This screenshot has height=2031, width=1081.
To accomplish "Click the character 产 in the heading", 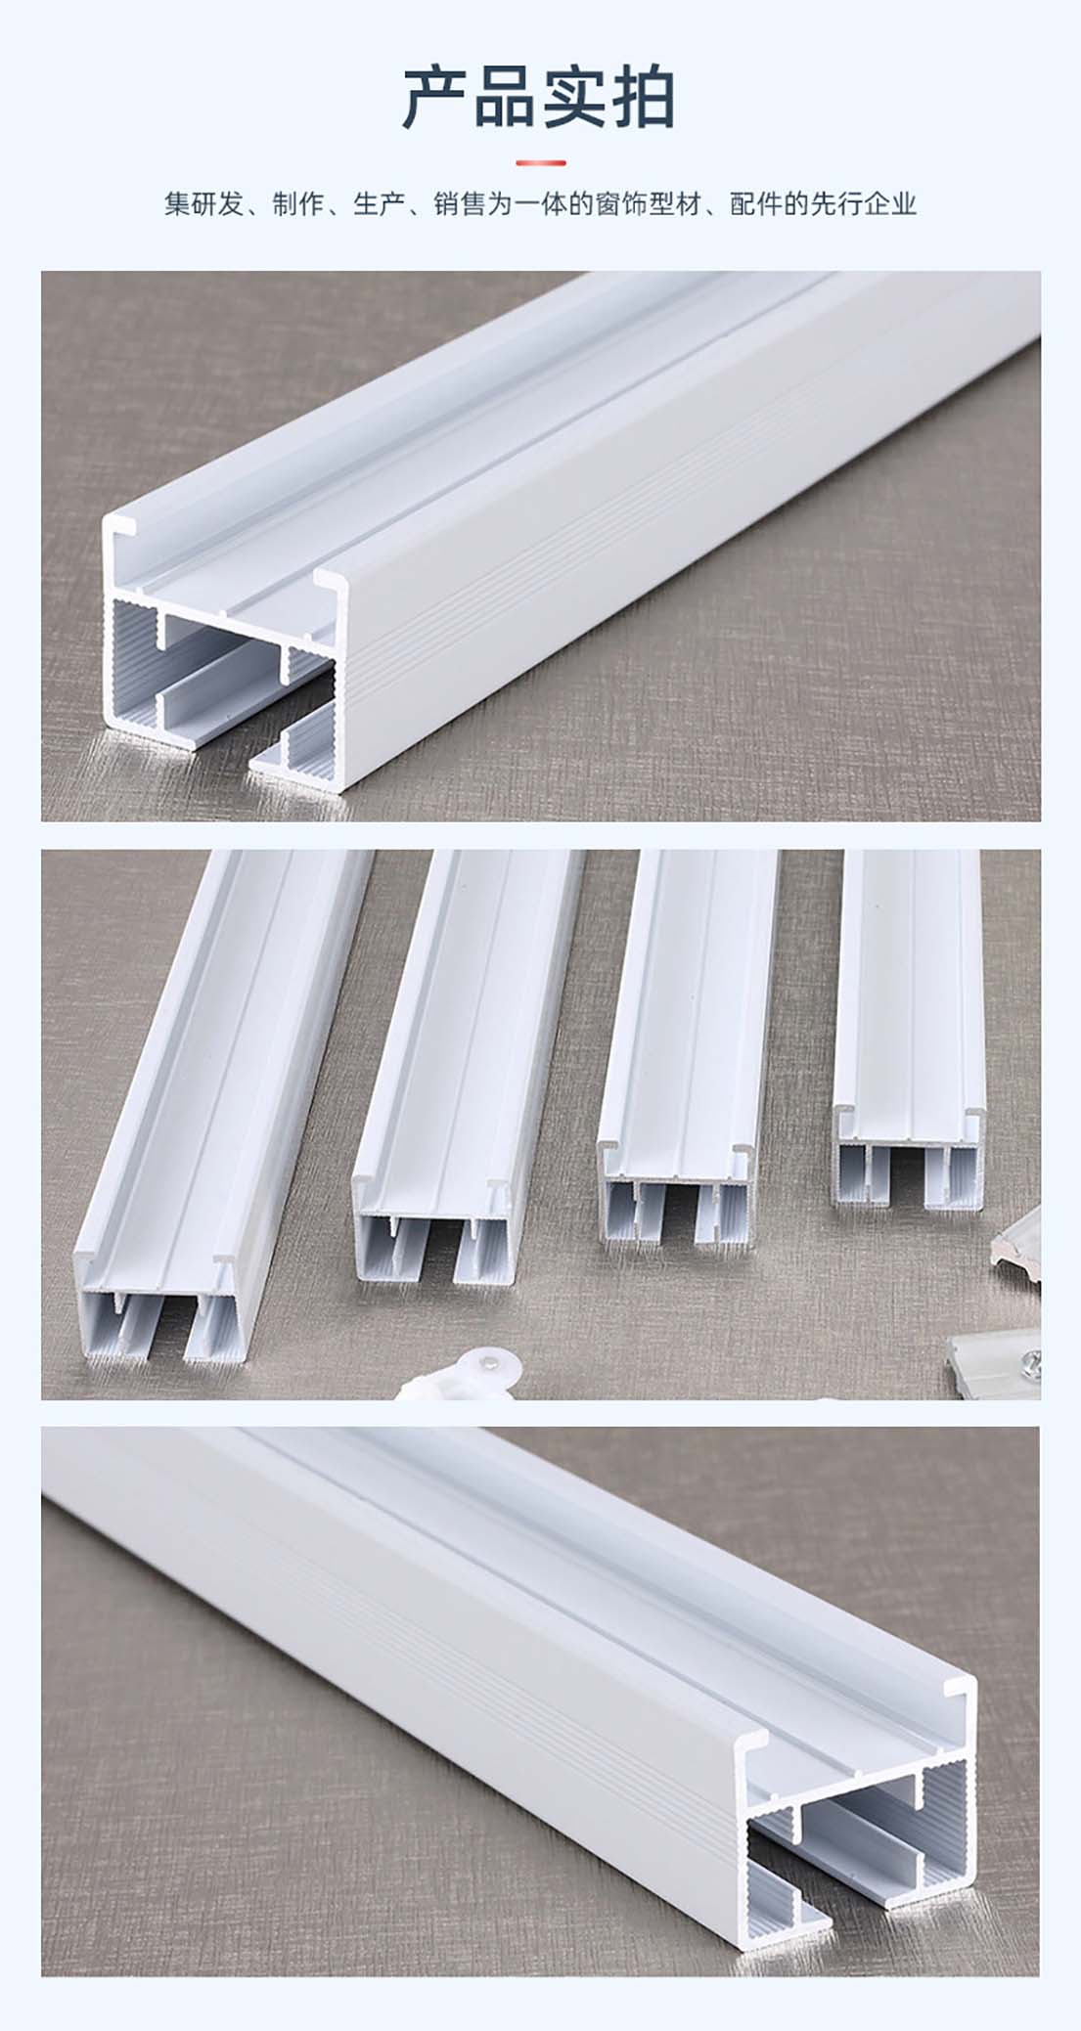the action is click(x=436, y=98).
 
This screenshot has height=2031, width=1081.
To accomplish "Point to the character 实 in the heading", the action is click(x=574, y=98).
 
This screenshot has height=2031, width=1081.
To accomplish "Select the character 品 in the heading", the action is click(x=506, y=98).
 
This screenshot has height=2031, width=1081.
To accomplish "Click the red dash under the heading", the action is click(x=540, y=162).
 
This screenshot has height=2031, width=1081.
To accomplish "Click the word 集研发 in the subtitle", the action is click(x=203, y=204).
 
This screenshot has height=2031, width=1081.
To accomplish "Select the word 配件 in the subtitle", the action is click(x=755, y=204).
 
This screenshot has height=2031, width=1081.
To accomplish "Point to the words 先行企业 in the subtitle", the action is click(x=865, y=204).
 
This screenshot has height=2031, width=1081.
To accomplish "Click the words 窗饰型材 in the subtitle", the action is click(x=648, y=204).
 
